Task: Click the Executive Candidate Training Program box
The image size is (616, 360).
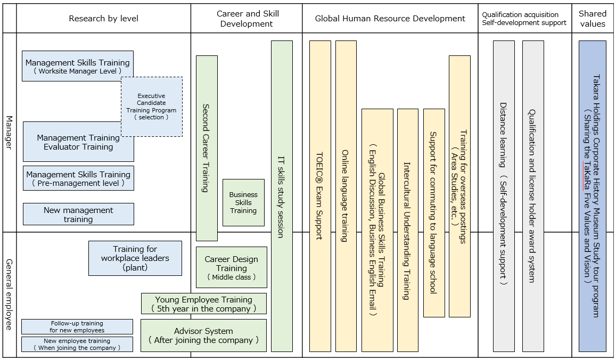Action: click(152, 107)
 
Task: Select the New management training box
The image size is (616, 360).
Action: click(78, 214)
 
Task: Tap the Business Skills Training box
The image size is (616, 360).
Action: click(243, 202)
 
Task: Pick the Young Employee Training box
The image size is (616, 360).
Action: click(203, 304)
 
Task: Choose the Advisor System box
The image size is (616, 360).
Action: click(203, 335)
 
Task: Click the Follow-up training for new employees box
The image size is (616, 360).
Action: click(77, 326)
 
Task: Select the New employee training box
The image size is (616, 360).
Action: click(77, 344)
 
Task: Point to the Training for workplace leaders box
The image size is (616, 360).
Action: click(135, 258)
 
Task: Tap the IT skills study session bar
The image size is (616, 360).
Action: click(282, 196)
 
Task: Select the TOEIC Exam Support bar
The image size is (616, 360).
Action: click(320, 196)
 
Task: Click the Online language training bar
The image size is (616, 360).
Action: click(346, 196)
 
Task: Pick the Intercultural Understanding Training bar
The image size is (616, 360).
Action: click(407, 230)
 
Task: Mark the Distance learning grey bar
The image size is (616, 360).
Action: click(504, 196)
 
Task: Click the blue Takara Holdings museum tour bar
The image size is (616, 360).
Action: click(592, 196)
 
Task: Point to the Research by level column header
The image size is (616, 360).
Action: click(103, 19)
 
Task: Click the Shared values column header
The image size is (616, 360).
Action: click(593, 19)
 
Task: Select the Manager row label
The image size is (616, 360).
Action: click(9, 133)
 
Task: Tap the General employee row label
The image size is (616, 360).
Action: click(9, 294)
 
